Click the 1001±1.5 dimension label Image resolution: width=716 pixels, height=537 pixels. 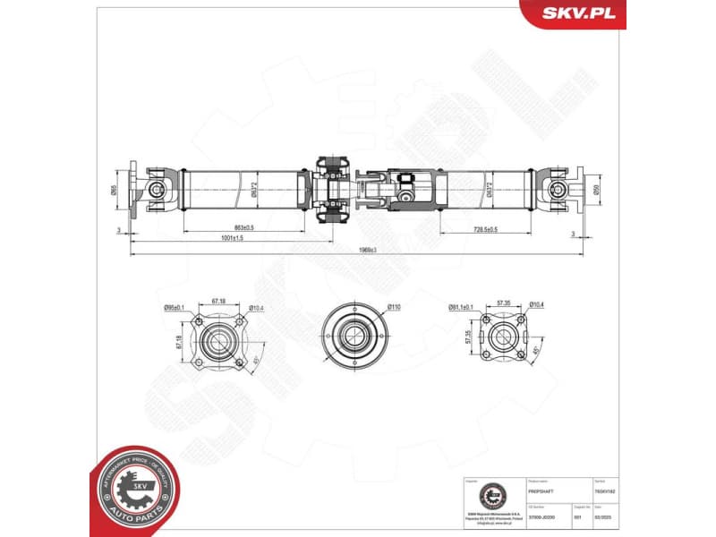[x=231, y=238]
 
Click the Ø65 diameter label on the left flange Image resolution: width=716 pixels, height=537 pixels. [x=114, y=190]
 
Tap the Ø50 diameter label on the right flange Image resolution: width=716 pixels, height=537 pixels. [x=596, y=190]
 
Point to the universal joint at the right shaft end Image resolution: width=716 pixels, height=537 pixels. [x=557, y=190]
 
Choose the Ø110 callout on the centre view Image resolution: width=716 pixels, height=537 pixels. [x=393, y=307]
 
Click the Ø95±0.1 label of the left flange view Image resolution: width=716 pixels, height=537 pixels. [x=174, y=308]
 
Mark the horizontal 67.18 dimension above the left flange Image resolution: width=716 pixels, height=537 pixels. [x=218, y=302]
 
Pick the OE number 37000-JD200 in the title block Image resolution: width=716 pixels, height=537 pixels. [x=545, y=516]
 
